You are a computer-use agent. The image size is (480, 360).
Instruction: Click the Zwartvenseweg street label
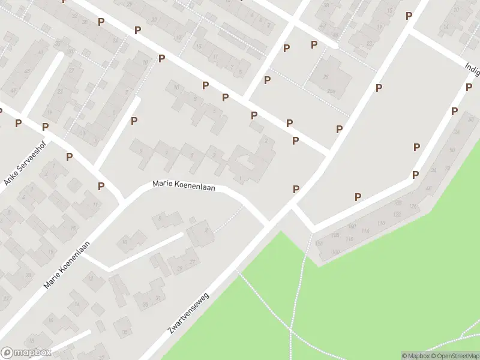click(188, 313)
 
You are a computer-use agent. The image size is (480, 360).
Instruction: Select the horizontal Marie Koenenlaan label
click(184, 185)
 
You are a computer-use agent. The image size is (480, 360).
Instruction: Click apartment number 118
click(349, 239)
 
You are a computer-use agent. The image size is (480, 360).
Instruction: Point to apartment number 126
click(412, 207)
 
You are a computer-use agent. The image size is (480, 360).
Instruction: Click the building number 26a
click(331, 91)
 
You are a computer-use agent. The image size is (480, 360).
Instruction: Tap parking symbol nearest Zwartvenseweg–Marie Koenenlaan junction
click(296, 189)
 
